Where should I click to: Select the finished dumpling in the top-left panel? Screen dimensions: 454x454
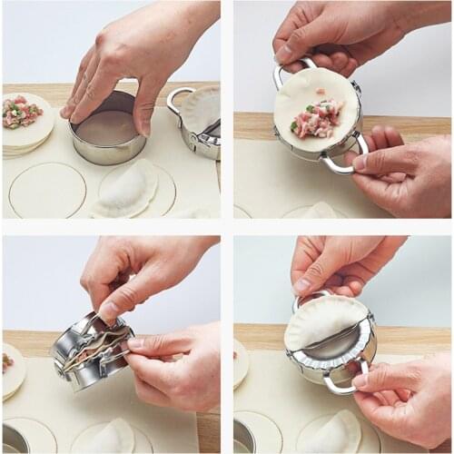pos(126,187)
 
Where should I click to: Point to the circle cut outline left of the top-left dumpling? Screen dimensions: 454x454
pos(46,190)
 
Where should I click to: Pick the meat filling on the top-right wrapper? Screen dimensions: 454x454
pos(317,118)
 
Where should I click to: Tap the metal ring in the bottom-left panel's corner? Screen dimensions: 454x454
pos(13,438)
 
